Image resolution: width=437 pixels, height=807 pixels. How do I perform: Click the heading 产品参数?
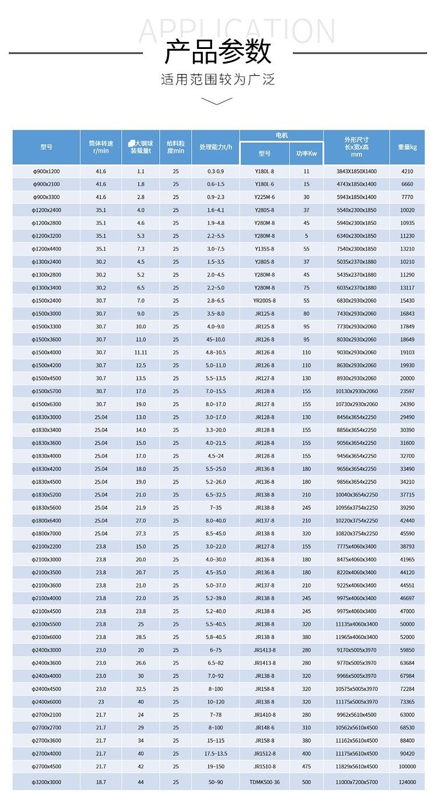[x=218, y=52]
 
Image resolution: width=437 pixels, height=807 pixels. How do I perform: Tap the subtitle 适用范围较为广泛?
[x=218, y=79]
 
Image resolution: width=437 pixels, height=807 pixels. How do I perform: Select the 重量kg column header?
[x=407, y=147]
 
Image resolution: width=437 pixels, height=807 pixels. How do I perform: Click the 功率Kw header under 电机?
[x=306, y=154]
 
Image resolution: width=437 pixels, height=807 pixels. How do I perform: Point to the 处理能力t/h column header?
[x=216, y=147]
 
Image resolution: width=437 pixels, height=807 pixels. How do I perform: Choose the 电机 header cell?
[x=281, y=135]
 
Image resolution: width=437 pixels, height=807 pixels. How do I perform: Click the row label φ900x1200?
[x=47, y=171]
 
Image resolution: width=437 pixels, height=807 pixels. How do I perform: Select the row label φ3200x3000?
[x=47, y=782]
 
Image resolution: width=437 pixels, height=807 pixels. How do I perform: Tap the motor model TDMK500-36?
[x=265, y=782]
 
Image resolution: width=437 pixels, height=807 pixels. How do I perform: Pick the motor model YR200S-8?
[x=265, y=301]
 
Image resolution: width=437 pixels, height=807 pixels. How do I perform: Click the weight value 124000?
[x=407, y=782]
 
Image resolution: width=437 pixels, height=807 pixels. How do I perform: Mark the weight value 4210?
[x=407, y=171]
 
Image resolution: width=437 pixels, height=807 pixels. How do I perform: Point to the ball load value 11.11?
[x=140, y=353]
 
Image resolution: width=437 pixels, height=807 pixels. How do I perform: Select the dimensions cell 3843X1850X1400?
[x=357, y=171]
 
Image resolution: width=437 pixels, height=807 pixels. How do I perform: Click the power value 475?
[x=306, y=767]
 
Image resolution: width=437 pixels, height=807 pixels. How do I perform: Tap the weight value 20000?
[x=407, y=378]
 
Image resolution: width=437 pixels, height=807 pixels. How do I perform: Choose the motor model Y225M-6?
[x=265, y=198]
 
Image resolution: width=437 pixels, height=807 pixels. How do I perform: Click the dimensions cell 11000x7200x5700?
[x=357, y=782]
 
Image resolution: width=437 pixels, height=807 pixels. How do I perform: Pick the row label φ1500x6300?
[x=47, y=404]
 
